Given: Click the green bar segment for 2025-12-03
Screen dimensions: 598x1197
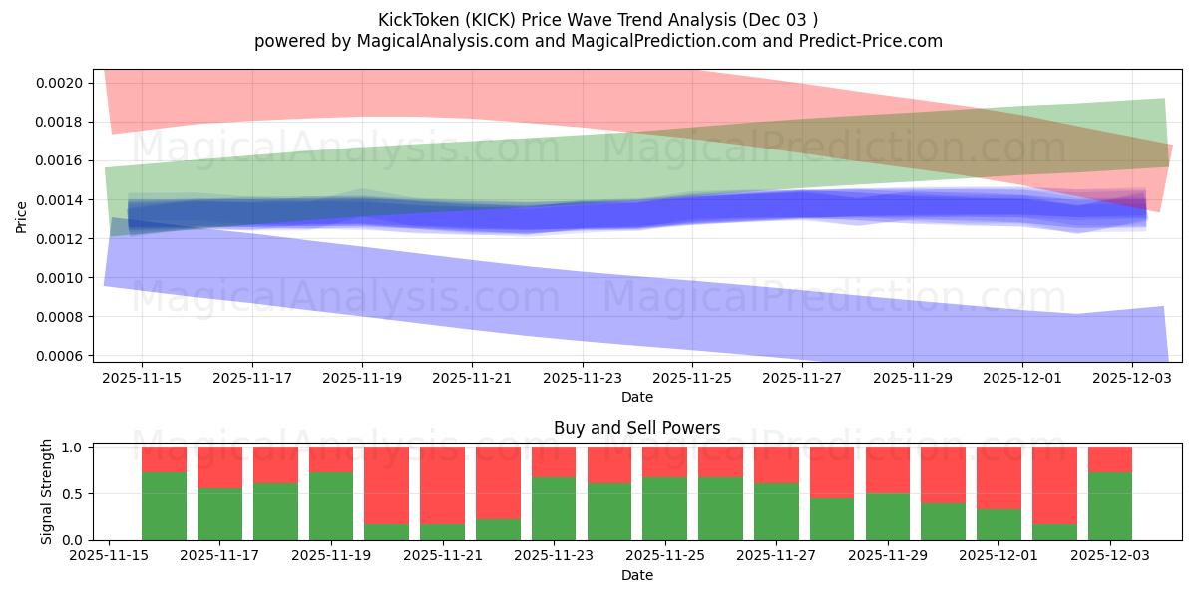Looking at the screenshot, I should (x=1109, y=506).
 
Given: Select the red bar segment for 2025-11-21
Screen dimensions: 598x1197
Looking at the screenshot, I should (x=442, y=484).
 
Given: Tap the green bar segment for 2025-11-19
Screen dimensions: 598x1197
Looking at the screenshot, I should (x=330, y=506).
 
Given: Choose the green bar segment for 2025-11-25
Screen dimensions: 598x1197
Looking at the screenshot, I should (x=664, y=508).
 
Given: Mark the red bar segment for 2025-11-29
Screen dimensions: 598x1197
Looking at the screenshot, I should (x=887, y=469).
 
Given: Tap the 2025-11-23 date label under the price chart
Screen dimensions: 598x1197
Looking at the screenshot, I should (x=583, y=379).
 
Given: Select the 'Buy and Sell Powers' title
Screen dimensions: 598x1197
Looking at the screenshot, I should (x=636, y=428).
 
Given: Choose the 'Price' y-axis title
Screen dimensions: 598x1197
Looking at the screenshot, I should (x=22, y=216).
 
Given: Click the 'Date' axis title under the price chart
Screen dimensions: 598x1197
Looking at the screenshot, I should (x=636, y=397).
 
